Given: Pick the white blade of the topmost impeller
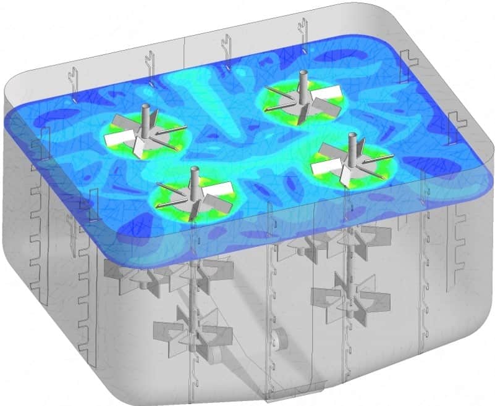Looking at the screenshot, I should click(x=331, y=92).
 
